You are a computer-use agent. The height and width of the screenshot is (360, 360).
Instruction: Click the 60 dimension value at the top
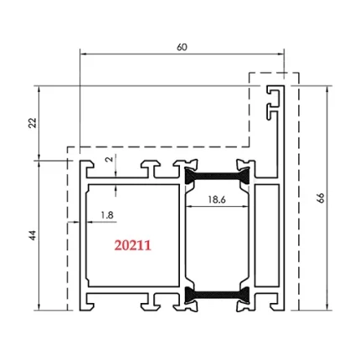[182, 47]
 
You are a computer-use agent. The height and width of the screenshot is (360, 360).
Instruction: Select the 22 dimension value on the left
[33, 122]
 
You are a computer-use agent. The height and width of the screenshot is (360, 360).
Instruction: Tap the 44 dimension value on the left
[33, 235]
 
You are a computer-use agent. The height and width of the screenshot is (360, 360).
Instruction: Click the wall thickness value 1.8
[106, 215]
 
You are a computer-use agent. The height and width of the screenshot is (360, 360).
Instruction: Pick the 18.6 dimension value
[216, 199]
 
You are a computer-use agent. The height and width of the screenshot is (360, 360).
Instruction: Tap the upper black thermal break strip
[216, 177]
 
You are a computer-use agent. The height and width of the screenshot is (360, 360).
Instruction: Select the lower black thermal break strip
[216, 294]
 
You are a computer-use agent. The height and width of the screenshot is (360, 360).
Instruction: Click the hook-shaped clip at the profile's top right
[273, 99]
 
